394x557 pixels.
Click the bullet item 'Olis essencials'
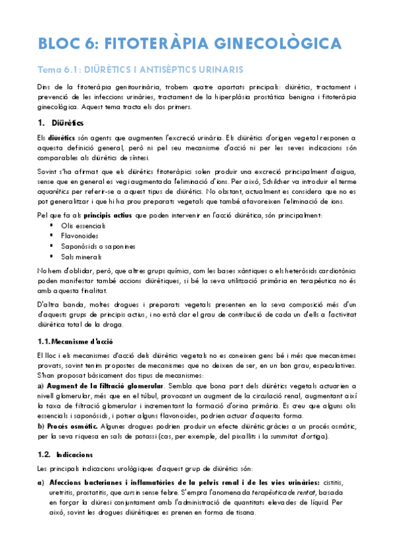click(82, 225)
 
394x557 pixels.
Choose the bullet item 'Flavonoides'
click(80, 236)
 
